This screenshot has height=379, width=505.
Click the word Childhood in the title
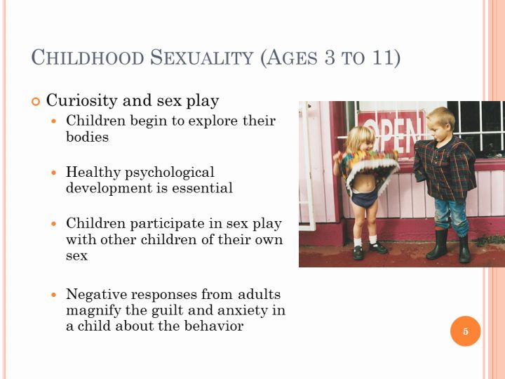click(x=88, y=58)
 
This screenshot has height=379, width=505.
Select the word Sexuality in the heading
click(x=202, y=58)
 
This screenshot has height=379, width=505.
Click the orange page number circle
click(x=466, y=331)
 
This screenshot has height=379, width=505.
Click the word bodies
click(x=87, y=137)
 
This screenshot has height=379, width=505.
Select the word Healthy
click(x=93, y=173)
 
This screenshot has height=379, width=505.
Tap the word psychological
click(x=170, y=173)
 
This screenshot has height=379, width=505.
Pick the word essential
click(x=202, y=188)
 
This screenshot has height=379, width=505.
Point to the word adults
click(x=259, y=294)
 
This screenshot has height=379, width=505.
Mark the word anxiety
click(x=243, y=311)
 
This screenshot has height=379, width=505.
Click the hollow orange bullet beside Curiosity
click(x=36, y=102)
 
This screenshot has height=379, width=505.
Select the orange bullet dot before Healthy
click(x=54, y=173)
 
